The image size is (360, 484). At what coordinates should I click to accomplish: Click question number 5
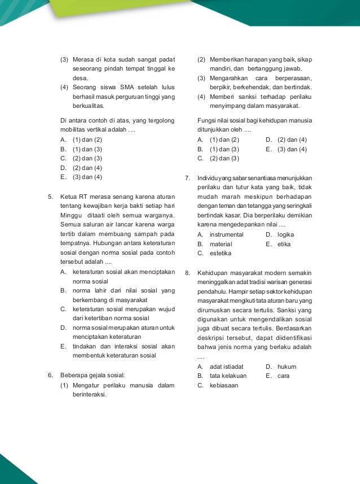[x=51, y=197]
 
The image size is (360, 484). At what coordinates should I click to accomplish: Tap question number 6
[x=51, y=375]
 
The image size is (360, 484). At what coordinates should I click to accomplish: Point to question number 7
[x=188, y=178]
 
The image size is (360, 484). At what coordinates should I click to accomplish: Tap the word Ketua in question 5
[x=69, y=197]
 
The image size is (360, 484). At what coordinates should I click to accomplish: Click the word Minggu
[x=71, y=215]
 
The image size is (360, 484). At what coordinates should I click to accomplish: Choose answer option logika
[x=286, y=234]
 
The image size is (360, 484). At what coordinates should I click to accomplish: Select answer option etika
[x=284, y=244]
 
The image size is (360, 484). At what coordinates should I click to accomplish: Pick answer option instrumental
[x=226, y=234]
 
